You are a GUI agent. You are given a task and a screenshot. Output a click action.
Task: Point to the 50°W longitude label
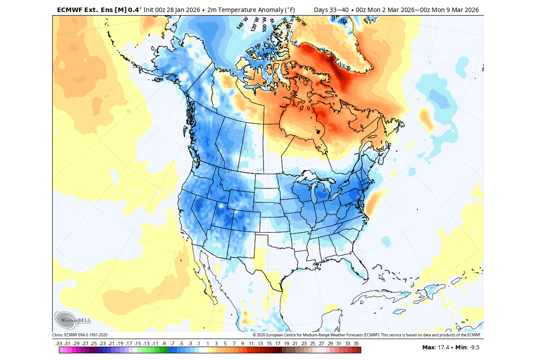(300, 20)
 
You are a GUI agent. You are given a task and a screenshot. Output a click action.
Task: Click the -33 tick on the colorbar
(59, 344)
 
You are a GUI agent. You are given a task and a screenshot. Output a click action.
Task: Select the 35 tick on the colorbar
(356, 344)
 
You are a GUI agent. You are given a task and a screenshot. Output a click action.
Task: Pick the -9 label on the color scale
(164, 344)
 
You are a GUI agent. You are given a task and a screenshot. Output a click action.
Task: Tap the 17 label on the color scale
(277, 344)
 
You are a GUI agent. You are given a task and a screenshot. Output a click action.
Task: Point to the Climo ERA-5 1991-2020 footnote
(80, 335)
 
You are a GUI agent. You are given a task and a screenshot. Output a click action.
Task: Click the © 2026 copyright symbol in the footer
(254, 335)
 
